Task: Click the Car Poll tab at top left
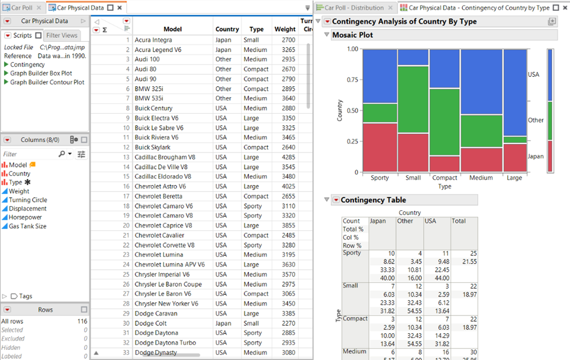22,7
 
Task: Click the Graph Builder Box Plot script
41,73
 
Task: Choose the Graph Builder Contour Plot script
47,82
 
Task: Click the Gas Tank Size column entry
27,226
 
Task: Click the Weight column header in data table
284,29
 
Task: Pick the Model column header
172,29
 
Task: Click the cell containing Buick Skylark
153,147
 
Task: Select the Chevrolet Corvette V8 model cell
164,245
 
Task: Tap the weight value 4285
284,157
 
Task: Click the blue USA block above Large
514,91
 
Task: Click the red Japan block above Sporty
380,147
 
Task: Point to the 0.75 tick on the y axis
352,79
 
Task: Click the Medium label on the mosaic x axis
481,178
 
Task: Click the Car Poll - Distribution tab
359,7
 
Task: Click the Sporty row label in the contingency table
352,253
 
